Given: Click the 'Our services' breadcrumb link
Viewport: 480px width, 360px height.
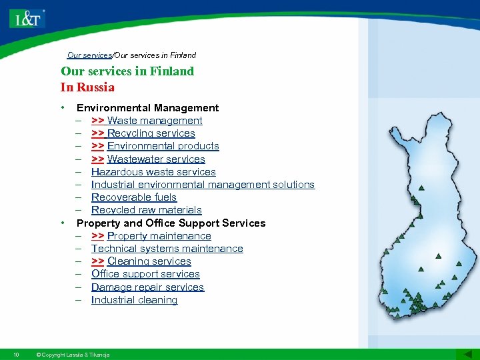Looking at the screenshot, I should tap(89, 55).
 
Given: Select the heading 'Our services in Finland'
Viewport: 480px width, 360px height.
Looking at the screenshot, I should tap(127, 71).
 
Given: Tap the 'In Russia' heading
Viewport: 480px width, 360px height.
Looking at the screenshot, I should tap(87, 87).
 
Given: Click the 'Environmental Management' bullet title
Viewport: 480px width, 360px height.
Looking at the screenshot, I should tap(147, 108).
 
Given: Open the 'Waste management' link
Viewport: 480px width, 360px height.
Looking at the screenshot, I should tap(154, 121).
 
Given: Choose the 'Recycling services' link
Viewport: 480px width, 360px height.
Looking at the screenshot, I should tap(151, 133).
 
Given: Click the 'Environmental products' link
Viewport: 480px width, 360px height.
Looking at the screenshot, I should tap(163, 146).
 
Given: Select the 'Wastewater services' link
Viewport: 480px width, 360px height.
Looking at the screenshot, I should tap(155, 159).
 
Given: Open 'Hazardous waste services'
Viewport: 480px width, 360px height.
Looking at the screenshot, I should tap(153, 172).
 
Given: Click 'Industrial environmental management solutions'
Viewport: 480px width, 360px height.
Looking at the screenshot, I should tap(203, 185).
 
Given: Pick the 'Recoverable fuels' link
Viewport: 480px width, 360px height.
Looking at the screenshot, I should tap(134, 197).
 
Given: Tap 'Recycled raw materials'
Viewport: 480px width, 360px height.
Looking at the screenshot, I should tap(146, 210).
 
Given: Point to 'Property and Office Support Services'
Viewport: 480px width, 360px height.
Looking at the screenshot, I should tap(171, 223).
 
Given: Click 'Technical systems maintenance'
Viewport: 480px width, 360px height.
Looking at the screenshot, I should tap(167, 249).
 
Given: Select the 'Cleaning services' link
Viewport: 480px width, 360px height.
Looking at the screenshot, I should tap(149, 261).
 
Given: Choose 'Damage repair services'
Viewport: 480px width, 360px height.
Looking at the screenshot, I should tap(147, 287).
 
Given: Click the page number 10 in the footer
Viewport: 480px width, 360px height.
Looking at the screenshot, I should tap(16, 355).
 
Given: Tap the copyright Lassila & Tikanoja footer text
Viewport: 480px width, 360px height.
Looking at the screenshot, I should tap(73, 355).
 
